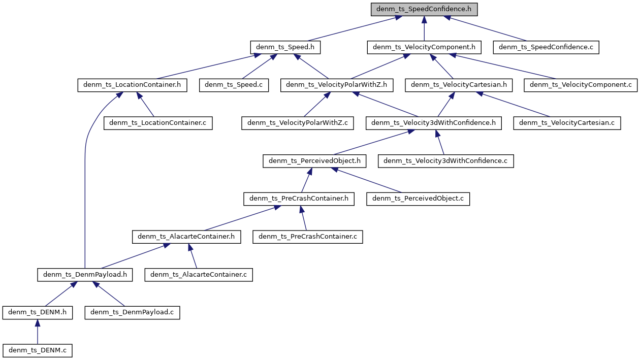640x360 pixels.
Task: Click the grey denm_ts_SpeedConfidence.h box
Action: click(424, 9)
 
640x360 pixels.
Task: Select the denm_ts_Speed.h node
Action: click(285, 47)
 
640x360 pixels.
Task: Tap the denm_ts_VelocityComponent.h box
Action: click(424, 47)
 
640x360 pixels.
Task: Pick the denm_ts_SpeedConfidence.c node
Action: click(546, 47)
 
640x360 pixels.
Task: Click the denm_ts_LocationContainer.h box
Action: click(132, 85)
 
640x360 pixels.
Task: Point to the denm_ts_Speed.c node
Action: click(234, 85)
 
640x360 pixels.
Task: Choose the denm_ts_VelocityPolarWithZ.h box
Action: click(337, 85)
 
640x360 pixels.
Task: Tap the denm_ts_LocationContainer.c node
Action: click(158, 123)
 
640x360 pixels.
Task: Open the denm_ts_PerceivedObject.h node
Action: click(314, 161)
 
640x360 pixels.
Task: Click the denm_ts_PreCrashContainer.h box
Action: click(299, 199)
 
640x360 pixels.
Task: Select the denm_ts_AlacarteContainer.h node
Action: click(186, 237)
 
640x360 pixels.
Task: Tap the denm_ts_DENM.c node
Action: click(38, 350)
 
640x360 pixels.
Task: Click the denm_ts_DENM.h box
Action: click(37, 312)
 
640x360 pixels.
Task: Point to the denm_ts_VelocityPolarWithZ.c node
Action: click(297, 123)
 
